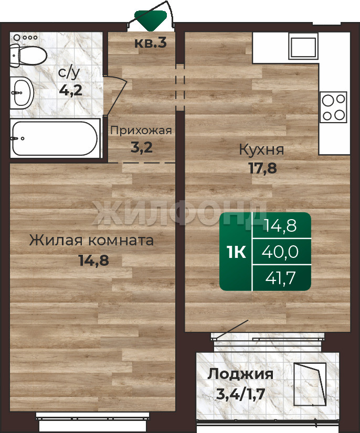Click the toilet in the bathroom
coord(28,56)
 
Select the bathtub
coord(55,138)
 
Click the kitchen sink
coord(303,47)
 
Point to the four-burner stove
coord(333,107)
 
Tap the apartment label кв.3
coord(151,43)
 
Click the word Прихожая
coord(141,131)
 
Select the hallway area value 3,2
coord(142,147)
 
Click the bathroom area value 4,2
coord(71,90)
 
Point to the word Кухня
coord(261,150)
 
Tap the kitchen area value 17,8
coord(263,168)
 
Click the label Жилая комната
coord(91,241)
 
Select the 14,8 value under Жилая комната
coord(94,260)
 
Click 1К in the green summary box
coord(236,252)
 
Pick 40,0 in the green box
coord(280,252)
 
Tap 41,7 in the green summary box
coord(281,278)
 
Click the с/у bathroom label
coord(69,73)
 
